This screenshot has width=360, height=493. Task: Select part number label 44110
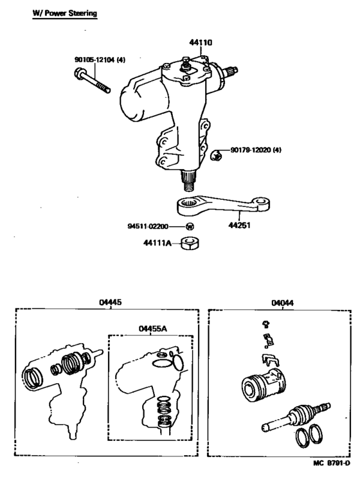pos(201,42)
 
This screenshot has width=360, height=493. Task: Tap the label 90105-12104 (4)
pos(100,60)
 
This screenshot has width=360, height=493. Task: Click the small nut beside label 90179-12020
pos(217,154)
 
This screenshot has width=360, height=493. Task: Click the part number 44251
pos(240,226)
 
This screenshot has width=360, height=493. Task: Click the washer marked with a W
pos(190,227)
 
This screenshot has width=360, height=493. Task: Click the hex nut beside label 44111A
pos(188,244)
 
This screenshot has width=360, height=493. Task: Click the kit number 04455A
pos(152,328)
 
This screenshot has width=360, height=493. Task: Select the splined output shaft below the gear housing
pos(190,178)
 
